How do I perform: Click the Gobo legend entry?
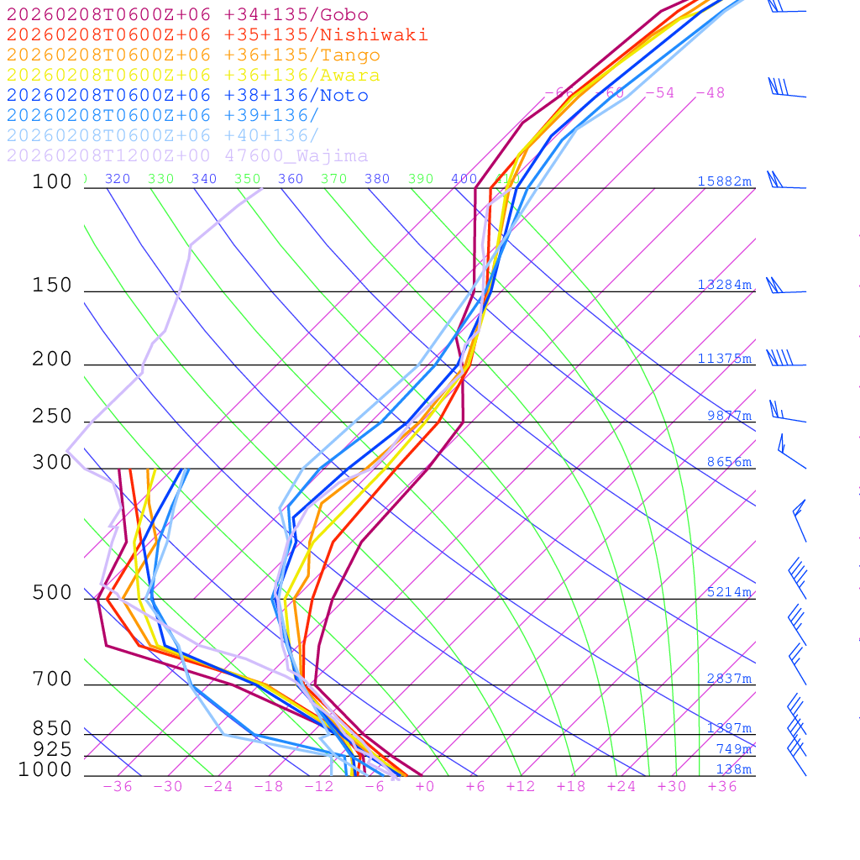click(187, 15)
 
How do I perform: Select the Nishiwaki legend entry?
click(217, 35)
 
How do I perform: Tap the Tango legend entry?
click(193, 55)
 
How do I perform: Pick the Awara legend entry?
click(193, 76)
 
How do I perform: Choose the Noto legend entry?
click(187, 96)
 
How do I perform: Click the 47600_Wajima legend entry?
click(187, 156)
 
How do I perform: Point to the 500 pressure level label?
click(52, 593)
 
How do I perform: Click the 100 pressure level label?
click(52, 181)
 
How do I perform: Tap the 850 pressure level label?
click(52, 729)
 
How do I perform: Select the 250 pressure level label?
click(52, 417)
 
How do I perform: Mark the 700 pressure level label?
click(52, 679)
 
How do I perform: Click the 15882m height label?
click(724, 181)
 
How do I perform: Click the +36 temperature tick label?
click(722, 786)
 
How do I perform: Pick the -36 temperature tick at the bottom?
click(118, 786)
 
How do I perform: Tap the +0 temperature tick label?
click(425, 786)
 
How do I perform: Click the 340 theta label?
click(204, 179)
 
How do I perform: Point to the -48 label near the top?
click(710, 92)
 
